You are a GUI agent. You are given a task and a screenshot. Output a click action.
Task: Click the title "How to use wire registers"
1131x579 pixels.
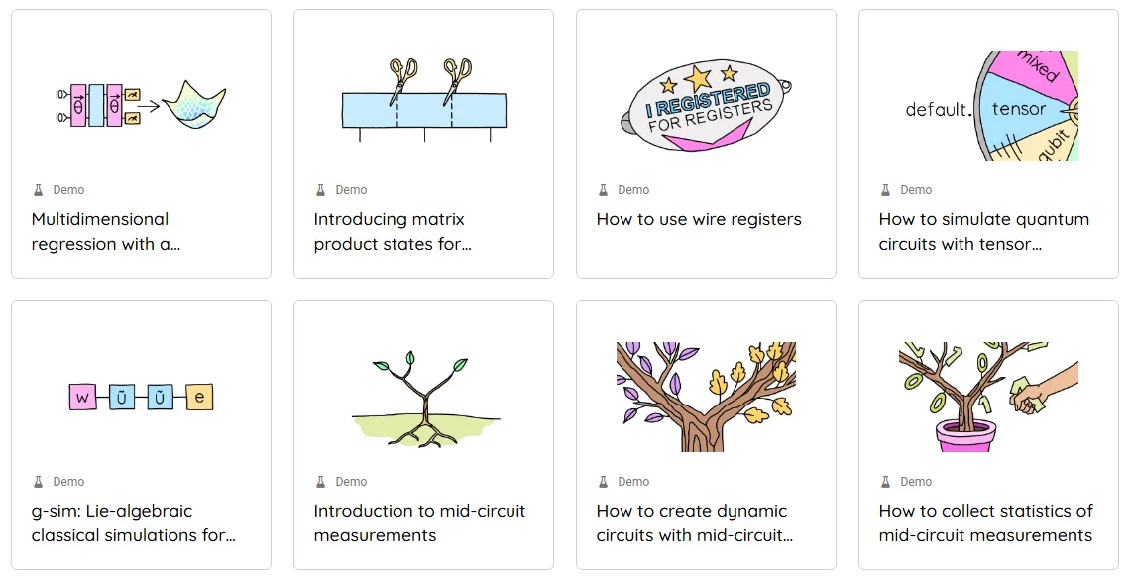pyautogui.click(x=698, y=219)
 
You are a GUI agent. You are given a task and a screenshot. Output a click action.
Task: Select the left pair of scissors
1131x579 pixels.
pyautogui.click(x=402, y=80)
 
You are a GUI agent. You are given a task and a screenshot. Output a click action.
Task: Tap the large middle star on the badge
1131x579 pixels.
pyautogui.click(x=698, y=77)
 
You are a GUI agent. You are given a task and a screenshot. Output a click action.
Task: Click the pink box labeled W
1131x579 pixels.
pyautogui.click(x=83, y=397)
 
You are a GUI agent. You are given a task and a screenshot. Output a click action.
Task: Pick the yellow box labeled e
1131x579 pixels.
pyautogui.click(x=200, y=397)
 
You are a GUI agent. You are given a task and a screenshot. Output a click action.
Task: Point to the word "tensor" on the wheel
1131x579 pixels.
pyautogui.click(x=1018, y=109)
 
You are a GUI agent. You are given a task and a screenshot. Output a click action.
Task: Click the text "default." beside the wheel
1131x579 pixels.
pyautogui.click(x=938, y=110)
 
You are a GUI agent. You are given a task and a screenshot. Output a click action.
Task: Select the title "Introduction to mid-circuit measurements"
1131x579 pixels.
pyautogui.click(x=420, y=522)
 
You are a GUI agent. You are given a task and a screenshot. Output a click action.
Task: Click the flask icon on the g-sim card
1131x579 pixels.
pyautogui.click(x=39, y=482)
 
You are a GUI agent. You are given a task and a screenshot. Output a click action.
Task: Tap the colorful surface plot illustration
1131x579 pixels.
pyautogui.click(x=194, y=104)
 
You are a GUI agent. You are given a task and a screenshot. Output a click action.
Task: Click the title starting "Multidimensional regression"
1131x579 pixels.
pyautogui.click(x=106, y=231)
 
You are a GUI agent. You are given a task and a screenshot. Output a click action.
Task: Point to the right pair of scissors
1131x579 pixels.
pyautogui.click(x=457, y=80)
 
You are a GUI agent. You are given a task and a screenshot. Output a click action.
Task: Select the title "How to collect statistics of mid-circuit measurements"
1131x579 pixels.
pyautogui.click(x=985, y=522)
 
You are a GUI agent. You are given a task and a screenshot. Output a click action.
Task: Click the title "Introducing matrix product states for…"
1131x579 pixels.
pyautogui.click(x=393, y=231)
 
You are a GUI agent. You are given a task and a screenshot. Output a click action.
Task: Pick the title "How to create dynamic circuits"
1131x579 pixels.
pyautogui.click(x=695, y=522)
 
